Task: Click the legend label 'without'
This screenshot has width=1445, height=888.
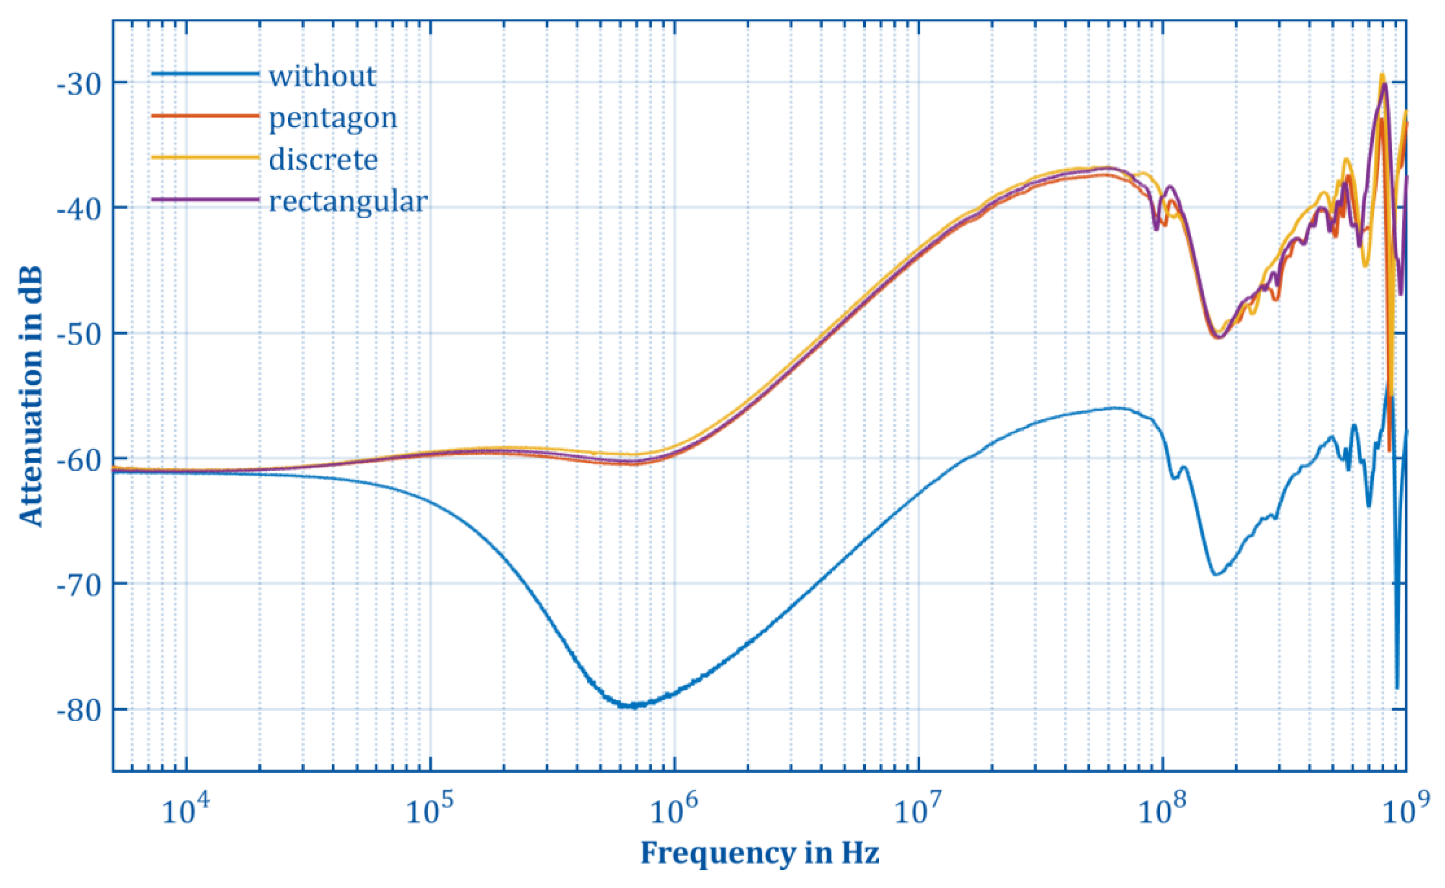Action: (x=322, y=76)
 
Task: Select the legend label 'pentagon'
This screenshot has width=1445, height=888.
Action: (x=332, y=118)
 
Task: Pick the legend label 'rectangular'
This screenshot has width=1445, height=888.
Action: (x=348, y=202)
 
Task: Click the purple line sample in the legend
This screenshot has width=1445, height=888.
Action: (x=205, y=200)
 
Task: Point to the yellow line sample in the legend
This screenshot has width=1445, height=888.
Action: (x=205, y=157)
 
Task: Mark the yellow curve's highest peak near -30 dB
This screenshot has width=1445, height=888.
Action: (x=1382, y=75)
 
